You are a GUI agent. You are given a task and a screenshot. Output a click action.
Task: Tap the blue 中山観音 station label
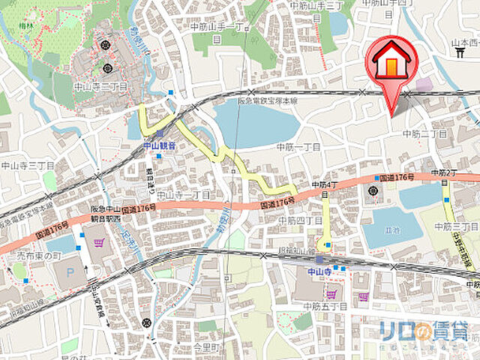(160, 145)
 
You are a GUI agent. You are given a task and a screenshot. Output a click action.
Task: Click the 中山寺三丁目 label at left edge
(27, 166)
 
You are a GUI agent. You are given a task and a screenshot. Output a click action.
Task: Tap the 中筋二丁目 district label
(424, 133)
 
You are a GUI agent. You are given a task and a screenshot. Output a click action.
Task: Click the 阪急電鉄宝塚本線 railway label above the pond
(267, 100)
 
